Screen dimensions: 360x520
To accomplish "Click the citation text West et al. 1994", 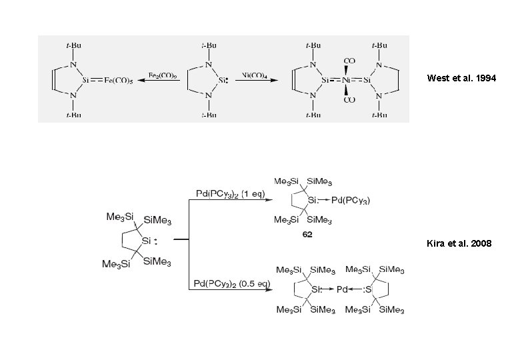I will [x=462, y=79].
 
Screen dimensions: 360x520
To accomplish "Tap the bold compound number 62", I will [x=307, y=235].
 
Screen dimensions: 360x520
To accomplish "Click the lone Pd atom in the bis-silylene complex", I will [x=342, y=289].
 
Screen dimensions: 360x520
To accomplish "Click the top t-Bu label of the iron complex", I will [x=73, y=45].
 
